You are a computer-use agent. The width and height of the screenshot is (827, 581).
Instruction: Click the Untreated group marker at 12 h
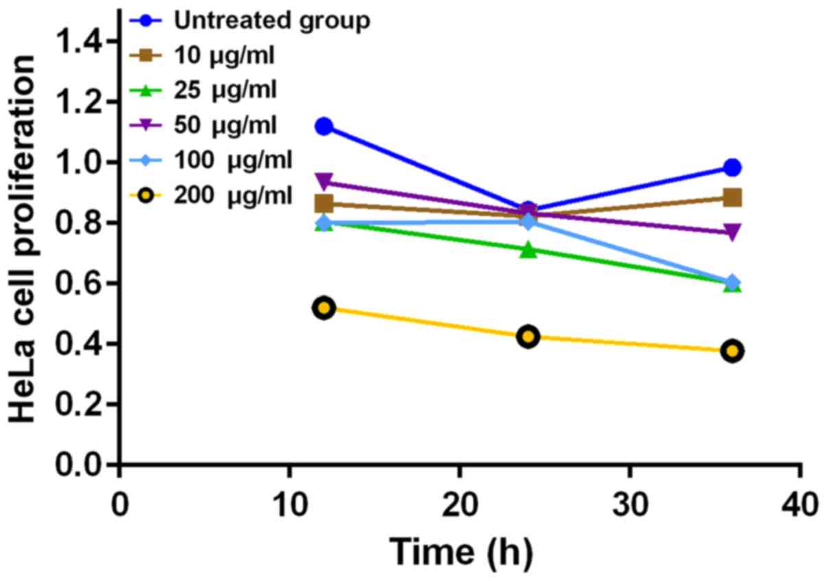click(324, 126)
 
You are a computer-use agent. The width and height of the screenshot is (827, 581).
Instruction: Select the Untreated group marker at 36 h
click(732, 168)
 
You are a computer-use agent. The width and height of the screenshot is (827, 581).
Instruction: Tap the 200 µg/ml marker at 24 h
click(528, 337)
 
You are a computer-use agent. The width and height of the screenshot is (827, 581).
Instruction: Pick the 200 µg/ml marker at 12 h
click(324, 308)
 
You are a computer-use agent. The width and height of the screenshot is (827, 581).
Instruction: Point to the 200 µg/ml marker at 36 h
click(732, 351)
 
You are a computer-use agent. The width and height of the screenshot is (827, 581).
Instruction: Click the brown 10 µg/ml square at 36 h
click(732, 198)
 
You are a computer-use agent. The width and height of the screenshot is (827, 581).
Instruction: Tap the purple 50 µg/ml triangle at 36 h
click(732, 232)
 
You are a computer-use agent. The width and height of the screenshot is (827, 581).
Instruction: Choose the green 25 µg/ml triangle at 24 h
click(528, 250)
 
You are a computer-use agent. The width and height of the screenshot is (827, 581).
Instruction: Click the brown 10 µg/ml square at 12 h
click(324, 203)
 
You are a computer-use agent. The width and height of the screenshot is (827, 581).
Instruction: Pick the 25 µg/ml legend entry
click(206, 90)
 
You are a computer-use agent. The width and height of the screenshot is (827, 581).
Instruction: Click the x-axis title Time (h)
click(461, 551)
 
